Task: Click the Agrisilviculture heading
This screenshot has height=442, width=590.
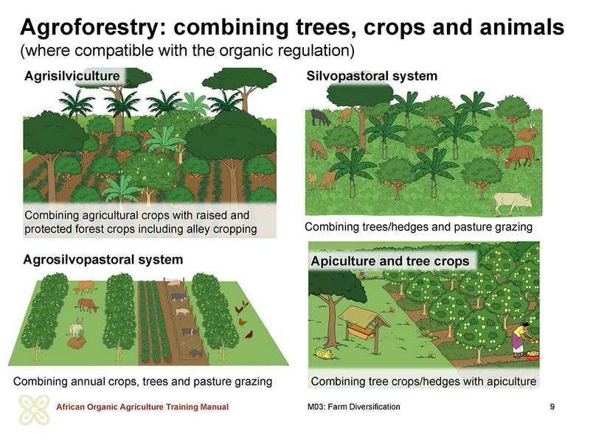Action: [x=72, y=76]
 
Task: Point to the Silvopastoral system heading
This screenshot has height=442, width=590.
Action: [x=372, y=76]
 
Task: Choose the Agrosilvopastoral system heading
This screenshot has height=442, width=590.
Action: [x=103, y=260]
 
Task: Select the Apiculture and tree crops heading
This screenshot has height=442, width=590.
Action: [x=390, y=262]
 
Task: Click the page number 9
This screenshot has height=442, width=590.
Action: [x=552, y=407]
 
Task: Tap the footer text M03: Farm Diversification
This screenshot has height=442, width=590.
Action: [x=353, y=407]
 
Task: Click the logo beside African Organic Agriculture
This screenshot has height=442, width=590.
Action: [x=34, y=410]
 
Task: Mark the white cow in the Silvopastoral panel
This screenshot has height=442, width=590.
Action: [x=512, y=203]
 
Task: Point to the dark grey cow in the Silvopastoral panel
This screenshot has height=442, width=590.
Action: [x=320, y=118]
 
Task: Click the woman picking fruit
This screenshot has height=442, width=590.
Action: [x=521, y=339]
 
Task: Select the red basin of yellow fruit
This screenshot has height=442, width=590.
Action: [x=532, y=355]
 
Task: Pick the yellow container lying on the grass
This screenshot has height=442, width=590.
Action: [x=324, y=354]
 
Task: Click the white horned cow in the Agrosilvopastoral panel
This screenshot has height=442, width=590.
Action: [x=77, y=329]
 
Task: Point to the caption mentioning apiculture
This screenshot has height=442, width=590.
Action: [x=423, y=382]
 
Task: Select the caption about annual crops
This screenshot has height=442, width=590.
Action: [x=142, y=382]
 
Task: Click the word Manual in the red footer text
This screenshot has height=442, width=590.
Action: [x=214, y=407]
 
